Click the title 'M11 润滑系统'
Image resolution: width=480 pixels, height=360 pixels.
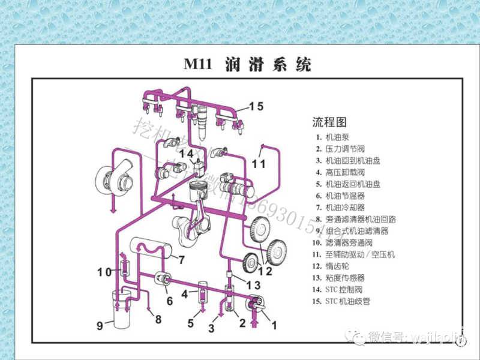point(247,64)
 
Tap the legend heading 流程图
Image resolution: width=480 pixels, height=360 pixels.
point(329,122)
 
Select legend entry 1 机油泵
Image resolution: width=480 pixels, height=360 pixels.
point(336,137)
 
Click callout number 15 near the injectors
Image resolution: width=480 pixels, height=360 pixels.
point(256,106)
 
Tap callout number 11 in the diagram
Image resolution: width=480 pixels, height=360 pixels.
point(259,163)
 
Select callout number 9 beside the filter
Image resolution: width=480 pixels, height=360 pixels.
point(100,326)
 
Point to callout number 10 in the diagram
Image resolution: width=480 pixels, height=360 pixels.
point(104,272)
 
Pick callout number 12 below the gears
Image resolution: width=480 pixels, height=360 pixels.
point(265,271)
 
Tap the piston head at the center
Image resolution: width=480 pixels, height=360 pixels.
point(194,193)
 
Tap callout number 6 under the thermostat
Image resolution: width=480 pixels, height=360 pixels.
point(169,301)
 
